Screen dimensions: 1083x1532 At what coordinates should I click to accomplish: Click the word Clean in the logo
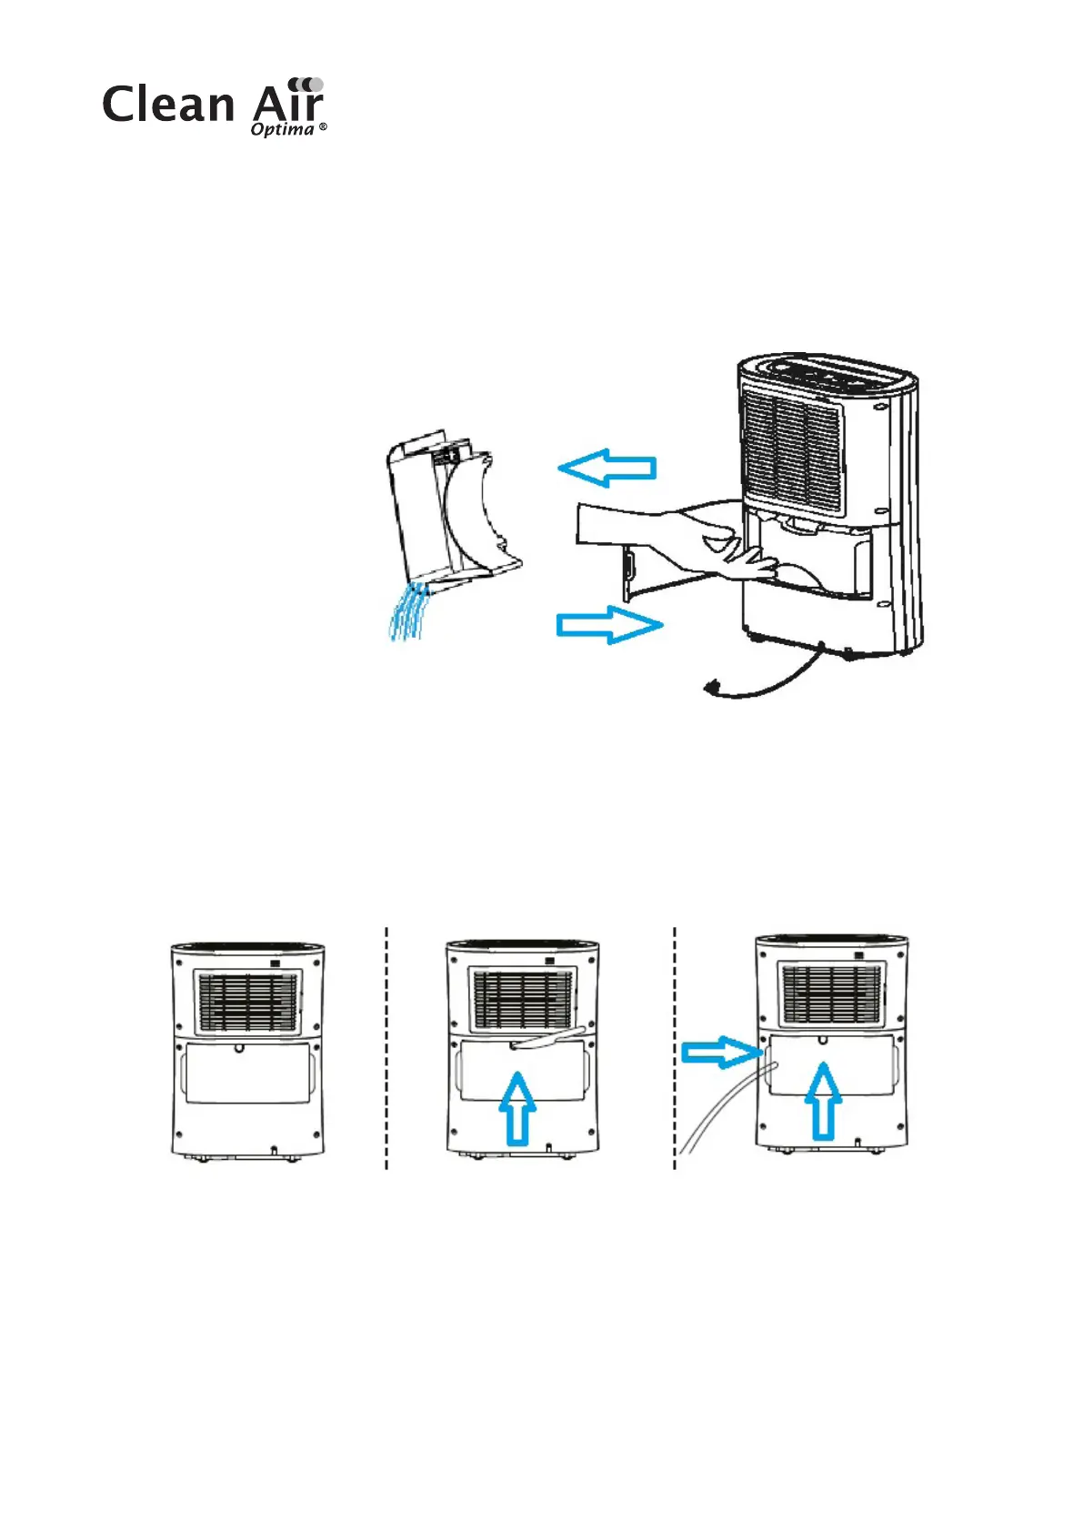tap(168, 105)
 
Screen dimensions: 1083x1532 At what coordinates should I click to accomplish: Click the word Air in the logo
tap(290, 103)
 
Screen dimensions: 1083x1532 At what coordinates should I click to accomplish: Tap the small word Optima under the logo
tap(283, 129)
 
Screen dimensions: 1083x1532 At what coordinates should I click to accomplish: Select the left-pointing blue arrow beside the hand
tap(607, 468)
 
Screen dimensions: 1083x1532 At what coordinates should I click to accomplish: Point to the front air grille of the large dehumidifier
tap(791, 446)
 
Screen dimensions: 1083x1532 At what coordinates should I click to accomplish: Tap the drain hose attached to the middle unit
tap(550, 1040)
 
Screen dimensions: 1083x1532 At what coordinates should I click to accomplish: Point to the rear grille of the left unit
tap(248, 1002)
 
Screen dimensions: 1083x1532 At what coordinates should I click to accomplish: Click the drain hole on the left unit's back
tap(239, 1047)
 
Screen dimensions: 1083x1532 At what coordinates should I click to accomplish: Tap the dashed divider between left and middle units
tap(387, 1046)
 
